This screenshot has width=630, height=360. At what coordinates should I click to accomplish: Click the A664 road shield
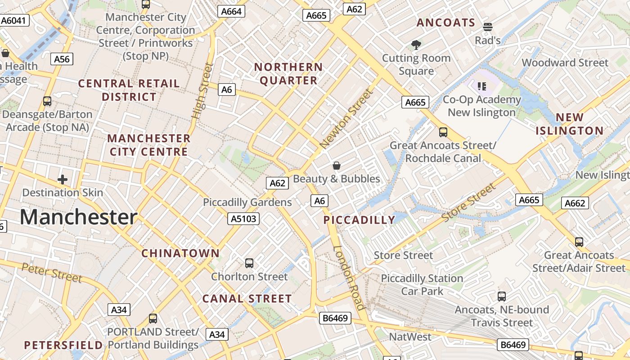232,12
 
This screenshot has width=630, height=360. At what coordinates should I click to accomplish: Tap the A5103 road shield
243,219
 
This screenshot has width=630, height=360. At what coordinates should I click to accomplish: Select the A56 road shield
62,59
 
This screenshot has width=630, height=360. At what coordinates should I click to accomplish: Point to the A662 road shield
575,203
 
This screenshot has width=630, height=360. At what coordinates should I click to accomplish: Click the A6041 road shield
15,21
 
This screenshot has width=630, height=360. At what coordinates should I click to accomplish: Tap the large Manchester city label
78,217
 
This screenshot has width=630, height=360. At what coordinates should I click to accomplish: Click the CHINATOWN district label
180,253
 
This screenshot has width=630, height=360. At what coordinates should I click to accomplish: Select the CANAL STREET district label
247,299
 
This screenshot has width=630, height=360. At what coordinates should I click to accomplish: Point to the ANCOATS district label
445,22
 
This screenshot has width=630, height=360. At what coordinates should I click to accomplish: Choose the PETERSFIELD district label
63,345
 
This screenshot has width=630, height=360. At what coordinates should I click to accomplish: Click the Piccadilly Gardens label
247,202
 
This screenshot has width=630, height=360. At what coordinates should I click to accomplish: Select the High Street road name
202,91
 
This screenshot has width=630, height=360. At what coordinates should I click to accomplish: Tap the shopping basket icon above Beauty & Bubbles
336,166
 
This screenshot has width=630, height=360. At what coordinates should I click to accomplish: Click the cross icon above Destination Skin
63,180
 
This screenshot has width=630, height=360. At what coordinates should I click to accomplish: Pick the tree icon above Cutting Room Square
416,45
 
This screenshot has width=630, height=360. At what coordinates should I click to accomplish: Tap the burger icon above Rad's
488,27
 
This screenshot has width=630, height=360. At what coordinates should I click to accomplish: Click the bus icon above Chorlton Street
249,263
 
